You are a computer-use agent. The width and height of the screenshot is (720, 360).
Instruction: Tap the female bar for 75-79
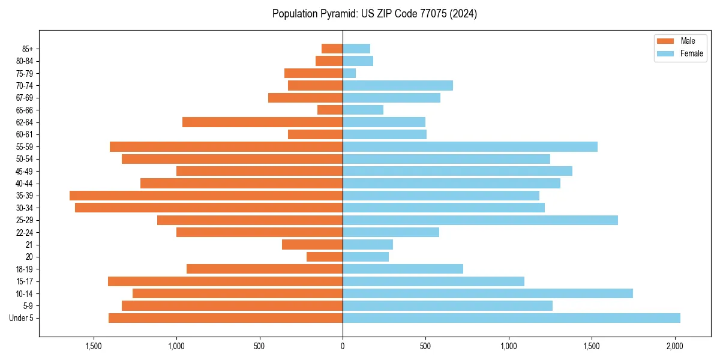pyautogui.click(x=349, y=73)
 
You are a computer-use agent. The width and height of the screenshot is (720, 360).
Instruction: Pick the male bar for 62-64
pyautogui.click(x=262, y=122)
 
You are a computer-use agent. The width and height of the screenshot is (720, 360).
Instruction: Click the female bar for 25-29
pyautogui.click(x=480, y=220)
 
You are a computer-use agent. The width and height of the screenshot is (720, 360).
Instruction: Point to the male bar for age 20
pyautogui.click(x=325, y=257)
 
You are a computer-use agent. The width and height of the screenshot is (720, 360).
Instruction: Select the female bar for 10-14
pyautogui.click(x=487, y=293)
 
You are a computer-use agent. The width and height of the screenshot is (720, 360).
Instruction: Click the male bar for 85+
pyautogui.click(x=332, y=49)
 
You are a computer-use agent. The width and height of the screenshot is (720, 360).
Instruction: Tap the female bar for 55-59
pyautogui.click(x=470, y=146)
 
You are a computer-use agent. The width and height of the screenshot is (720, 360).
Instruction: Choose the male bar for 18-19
pyautogui.click(x=265, y=269)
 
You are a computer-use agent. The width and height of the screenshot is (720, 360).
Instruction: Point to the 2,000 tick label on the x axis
pyautogui.click(x=675, y=346)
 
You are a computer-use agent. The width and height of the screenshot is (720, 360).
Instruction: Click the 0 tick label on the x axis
pyautogui.click(x=343, y=346)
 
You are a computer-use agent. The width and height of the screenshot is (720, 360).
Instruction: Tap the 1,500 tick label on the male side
pyautogui.click(x=94, y=346)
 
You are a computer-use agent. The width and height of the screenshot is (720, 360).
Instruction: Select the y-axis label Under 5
pyautogui.click(x=21, y=318)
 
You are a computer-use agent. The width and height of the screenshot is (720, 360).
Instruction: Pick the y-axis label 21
pyautogui.click(x=29, y=245)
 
